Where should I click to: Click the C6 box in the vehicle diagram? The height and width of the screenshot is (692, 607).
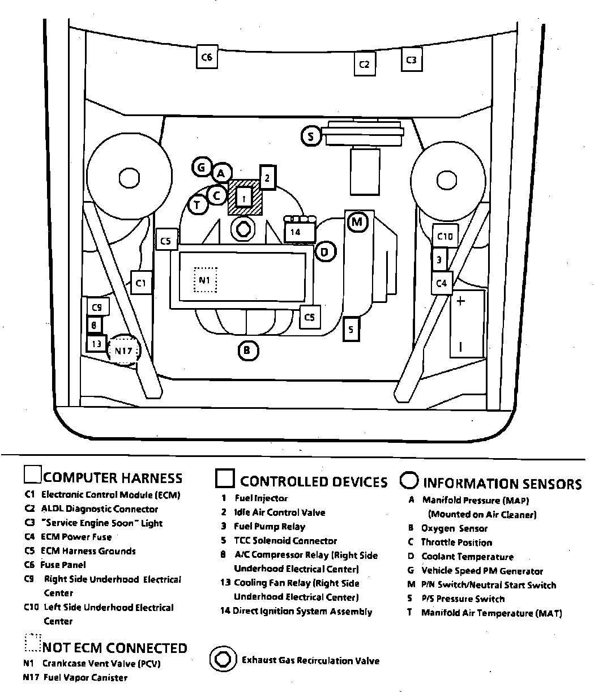point(207,57)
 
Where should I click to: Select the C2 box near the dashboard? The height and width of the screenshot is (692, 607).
point(364,64)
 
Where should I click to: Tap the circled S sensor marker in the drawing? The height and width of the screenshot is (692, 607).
point(310,136)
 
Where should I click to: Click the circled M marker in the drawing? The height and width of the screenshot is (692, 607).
point(357,221)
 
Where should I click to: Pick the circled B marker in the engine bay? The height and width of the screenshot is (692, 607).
point(247,351)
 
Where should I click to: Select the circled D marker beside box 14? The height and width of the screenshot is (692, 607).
point(324,251)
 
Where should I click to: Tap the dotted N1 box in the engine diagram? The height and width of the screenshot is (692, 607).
point(205,280)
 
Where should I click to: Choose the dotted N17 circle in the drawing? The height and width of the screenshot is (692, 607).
point(123,351)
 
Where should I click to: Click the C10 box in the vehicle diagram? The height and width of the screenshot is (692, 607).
point(445,236)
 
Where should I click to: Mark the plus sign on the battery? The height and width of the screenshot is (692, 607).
point(460,301)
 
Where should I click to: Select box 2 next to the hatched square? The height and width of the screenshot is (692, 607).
point(267,178)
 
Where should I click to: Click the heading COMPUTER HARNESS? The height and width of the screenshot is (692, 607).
point(113,479)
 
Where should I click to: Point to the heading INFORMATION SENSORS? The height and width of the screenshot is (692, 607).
point(502,484)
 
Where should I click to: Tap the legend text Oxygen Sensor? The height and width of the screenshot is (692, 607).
point(454,528)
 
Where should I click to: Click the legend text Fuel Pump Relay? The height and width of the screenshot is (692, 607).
point(270,527)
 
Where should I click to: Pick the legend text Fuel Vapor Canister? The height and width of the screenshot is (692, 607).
point(85,678)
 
